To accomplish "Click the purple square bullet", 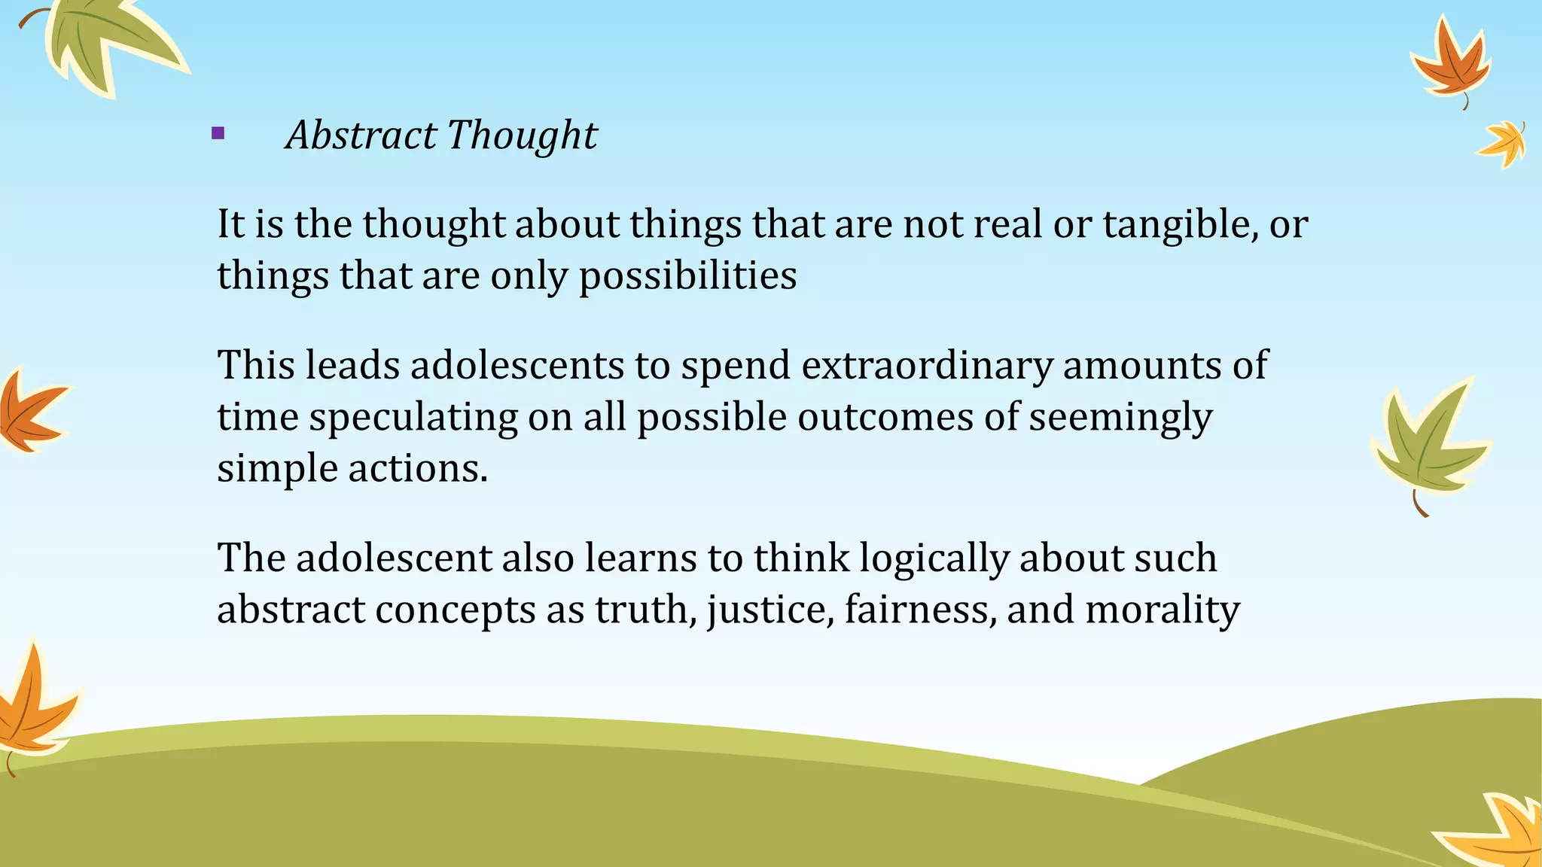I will (x=218, y=135).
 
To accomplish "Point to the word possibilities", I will (x=687, y=276).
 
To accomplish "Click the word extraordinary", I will (x=927, y=367).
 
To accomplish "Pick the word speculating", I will (x=413, y=418).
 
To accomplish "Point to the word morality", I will (x=1162, y=610).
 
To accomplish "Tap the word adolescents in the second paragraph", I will (x=517, y=365).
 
